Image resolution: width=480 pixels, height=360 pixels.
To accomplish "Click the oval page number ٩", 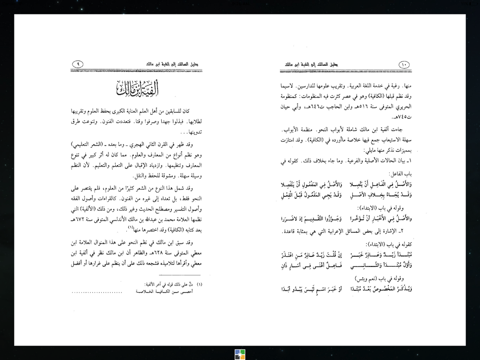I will [x=78, y=64].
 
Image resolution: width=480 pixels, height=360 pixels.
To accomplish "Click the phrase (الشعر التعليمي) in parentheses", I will [x=182, y=144].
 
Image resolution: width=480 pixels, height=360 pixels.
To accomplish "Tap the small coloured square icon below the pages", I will [x=240, y=354].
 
